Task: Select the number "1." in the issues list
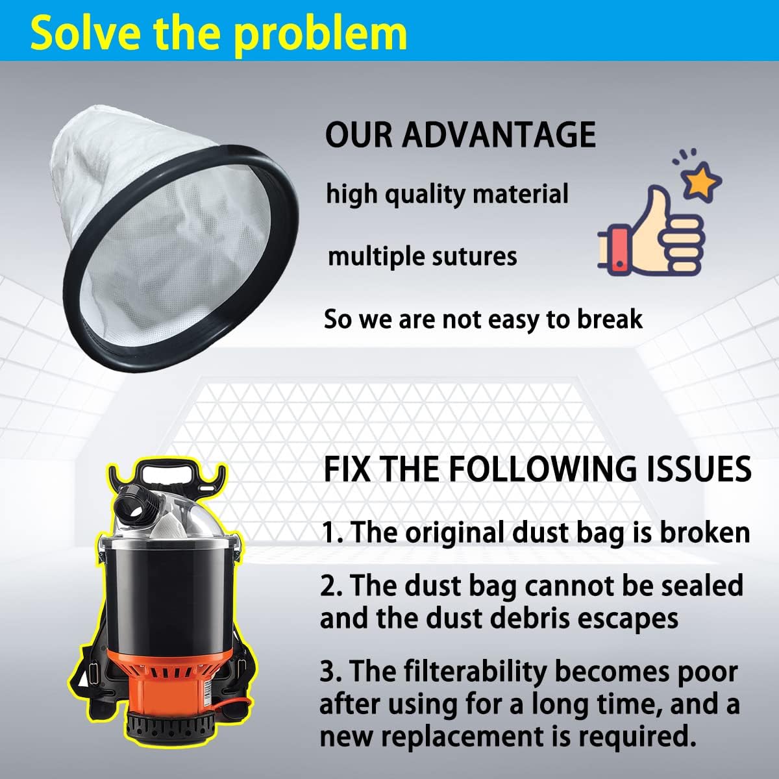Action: [334, 533]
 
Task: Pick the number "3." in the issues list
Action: [333, 672]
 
